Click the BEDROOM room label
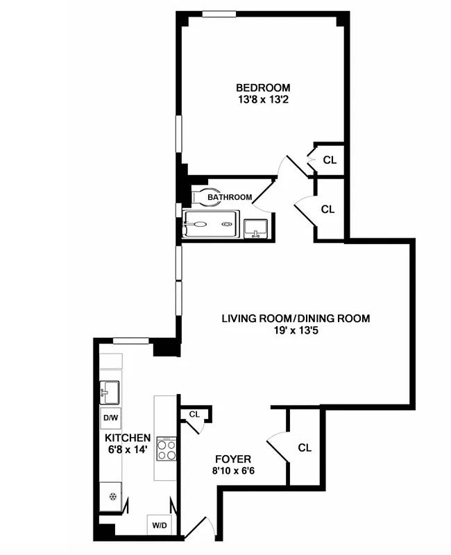tap(263, 87)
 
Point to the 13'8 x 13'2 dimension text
tap(263, 99)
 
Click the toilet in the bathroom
tap(200, 197)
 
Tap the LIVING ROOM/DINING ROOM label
tap(296, 318)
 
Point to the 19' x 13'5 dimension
tap(296, 330)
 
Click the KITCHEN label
tap(128, 438)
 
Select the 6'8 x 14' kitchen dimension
tap(128, 450)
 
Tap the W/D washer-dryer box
tap(159, 525)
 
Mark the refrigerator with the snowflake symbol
tap(111, 496)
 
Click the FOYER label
tap(232, 459)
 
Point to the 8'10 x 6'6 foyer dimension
tap(232, 471)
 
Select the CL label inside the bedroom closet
tap(330, 160)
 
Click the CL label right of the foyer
tap(305, 447)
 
